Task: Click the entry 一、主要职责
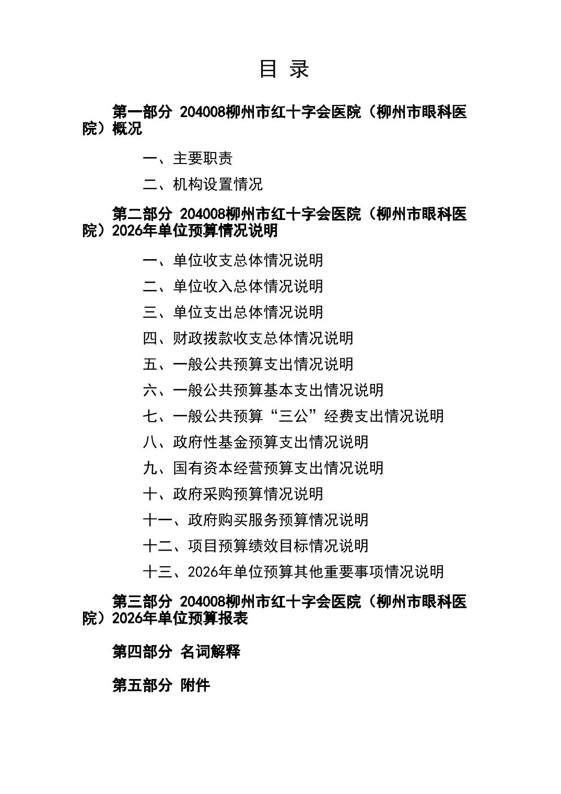[188, 158]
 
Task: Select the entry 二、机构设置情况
[203, 184]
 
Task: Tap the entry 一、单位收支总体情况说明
[233, 260]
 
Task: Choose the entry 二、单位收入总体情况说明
[233, 286]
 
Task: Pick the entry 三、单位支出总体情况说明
[233, 312]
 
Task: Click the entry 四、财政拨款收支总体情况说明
[248, 338]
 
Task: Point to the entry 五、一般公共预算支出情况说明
[248, 364]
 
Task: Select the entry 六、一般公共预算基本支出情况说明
[263, 390]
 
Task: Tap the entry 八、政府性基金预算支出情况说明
[255, 442]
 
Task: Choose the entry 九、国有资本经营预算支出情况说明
[263, 468]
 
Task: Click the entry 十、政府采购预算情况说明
[233, 494]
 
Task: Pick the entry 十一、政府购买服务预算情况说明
[255, 520]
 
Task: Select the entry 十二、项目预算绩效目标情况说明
[255, 546]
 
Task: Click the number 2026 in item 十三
[202, 572]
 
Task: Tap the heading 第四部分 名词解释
[176, 652]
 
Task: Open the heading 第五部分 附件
[161, 685]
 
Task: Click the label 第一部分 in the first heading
[142, 112]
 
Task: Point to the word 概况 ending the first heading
[127, 129]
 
